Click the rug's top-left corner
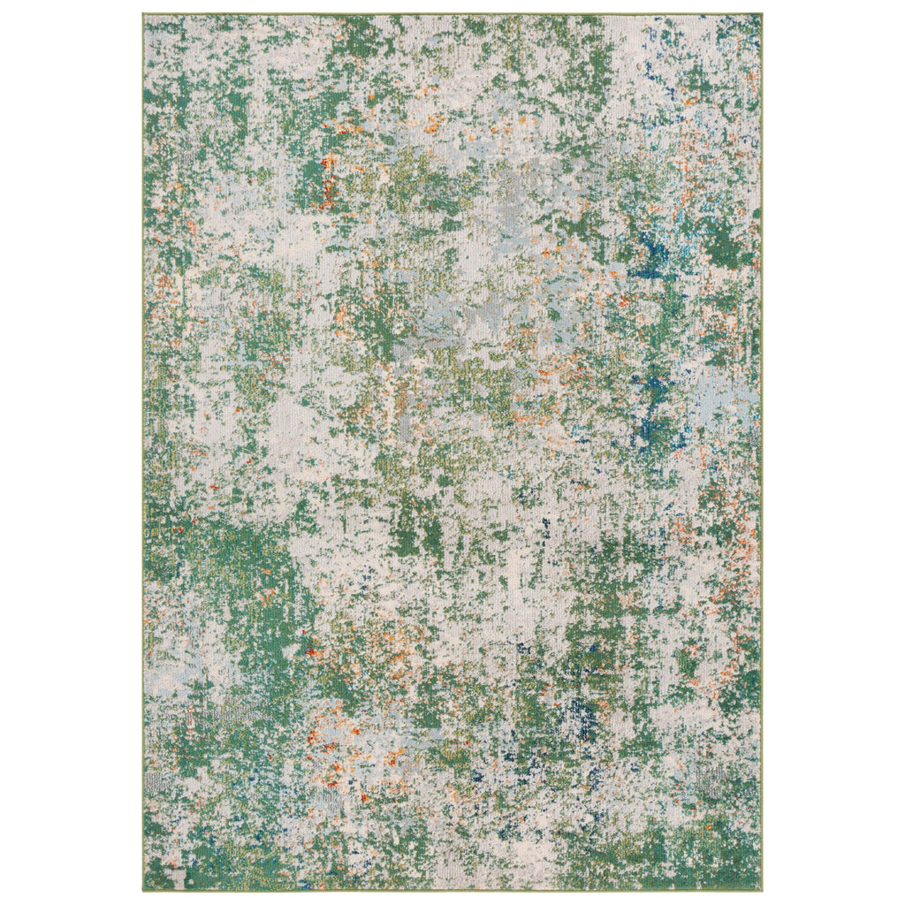144,15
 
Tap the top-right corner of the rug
760,15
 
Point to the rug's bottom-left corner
144,889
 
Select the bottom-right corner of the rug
760,889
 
